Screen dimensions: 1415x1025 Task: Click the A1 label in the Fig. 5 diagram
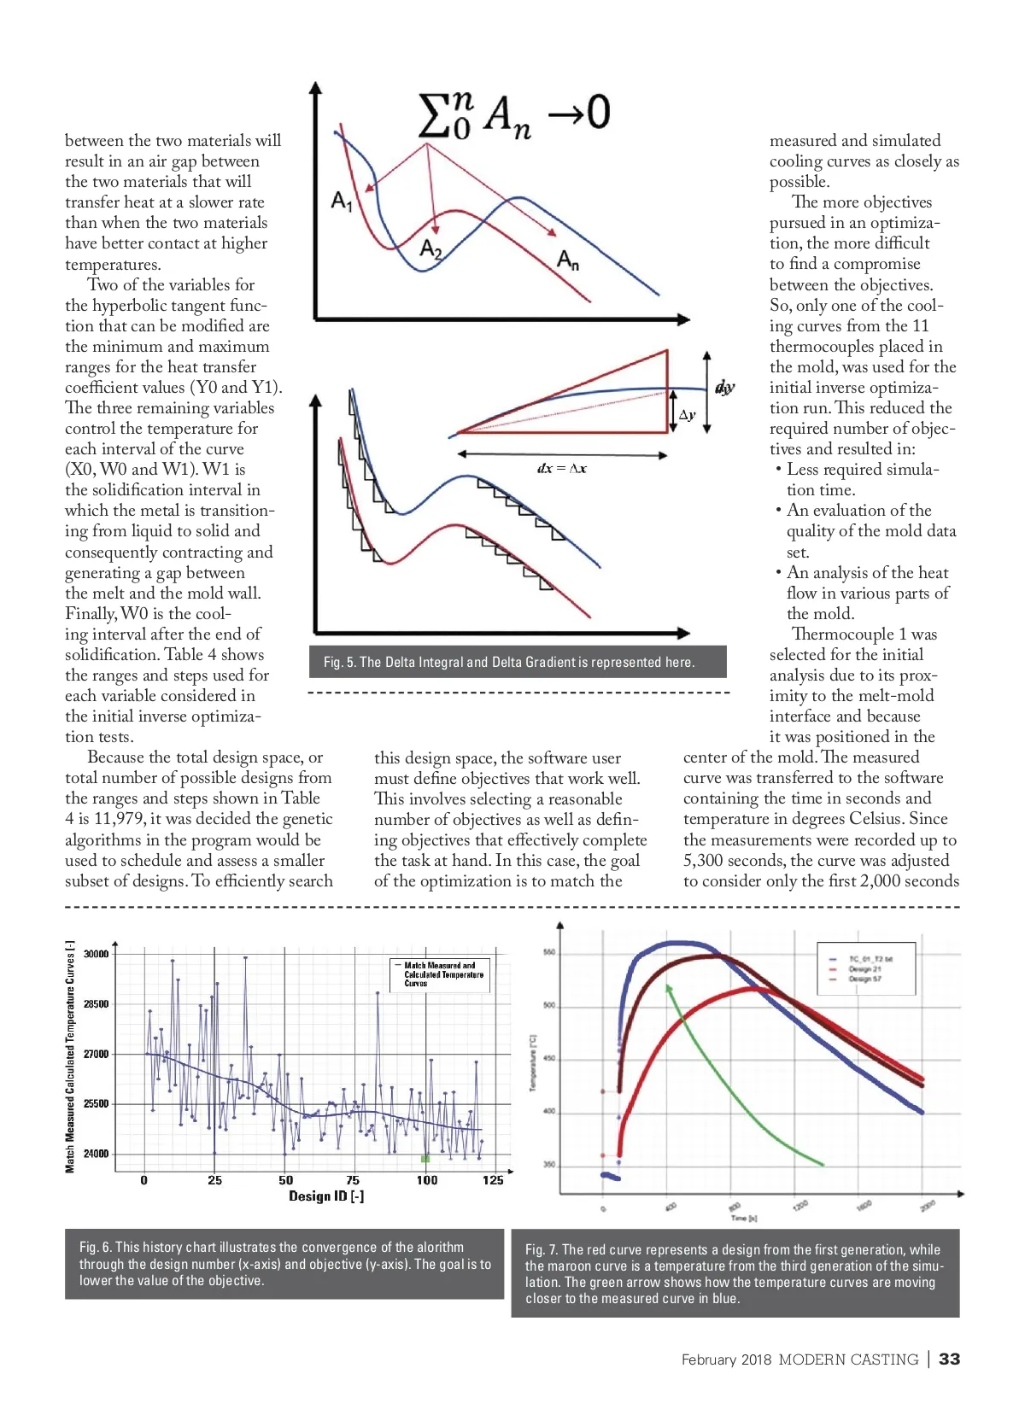pos(342,202)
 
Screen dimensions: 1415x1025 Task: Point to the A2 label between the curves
pos(430,249)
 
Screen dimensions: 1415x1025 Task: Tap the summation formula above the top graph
pos(513,114)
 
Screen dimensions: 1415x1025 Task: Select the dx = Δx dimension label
pos(561,468)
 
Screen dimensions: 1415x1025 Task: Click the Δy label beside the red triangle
pos(687,415)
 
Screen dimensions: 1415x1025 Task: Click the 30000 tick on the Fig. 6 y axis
pos(97,954)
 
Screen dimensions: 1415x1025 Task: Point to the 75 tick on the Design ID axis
pos(353,1180)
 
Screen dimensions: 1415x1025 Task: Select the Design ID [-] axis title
pos(326,1196)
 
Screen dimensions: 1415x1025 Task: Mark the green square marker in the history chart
pos(425,1159)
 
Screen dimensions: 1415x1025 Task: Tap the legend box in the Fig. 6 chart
pos(442,974)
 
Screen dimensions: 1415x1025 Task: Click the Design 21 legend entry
pos(864,969)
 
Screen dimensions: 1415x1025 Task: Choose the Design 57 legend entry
pos(864,979)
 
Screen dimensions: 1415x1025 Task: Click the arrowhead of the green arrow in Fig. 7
pos(669,989)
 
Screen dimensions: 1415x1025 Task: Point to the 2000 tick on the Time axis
pos(928,1205)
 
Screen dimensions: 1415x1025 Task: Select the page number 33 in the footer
pos(949,1359)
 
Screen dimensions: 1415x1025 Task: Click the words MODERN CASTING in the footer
pos(848,1359)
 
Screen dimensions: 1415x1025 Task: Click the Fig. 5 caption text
pos(509,662)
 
